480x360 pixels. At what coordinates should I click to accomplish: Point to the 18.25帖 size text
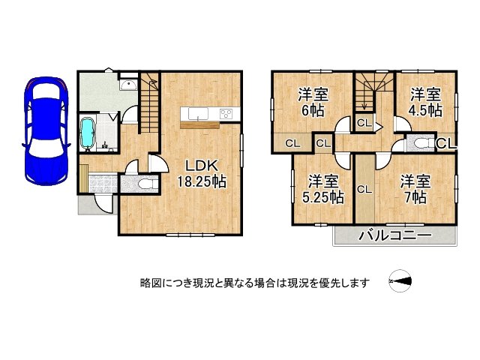(201, 181)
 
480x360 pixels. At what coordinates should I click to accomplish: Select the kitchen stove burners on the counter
(226, 114)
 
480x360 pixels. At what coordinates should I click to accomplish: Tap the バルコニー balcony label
(394, 235)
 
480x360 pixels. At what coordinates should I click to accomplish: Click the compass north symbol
(401, 282)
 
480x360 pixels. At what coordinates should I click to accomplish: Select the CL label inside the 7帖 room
(364, 190)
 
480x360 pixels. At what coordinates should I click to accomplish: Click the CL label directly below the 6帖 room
(292, 142)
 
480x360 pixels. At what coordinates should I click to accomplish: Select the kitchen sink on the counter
(197, 114)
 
